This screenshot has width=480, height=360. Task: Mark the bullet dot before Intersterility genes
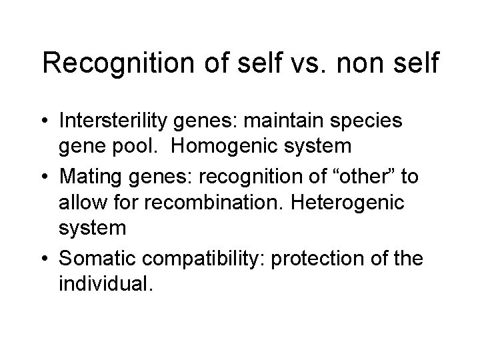point(47,122)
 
